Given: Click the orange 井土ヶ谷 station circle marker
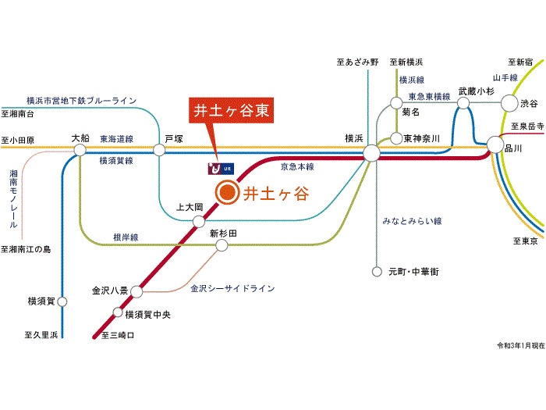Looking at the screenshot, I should coord(226,193).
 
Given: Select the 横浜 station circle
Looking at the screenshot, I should coord(371,152).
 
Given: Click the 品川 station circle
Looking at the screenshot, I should coord(496,144).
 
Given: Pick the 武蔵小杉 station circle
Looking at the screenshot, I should coord(464,102).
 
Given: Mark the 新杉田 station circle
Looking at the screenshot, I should coord(222,246).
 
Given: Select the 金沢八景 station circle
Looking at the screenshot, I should coord(136,292).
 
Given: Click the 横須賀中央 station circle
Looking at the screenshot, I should coord(119,314).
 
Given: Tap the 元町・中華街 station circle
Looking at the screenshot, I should coord(378,272).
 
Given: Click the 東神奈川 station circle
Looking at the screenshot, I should coord(395,137).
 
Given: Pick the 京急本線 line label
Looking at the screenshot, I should coord(297,167).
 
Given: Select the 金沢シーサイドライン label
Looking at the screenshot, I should coord(232,289).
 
